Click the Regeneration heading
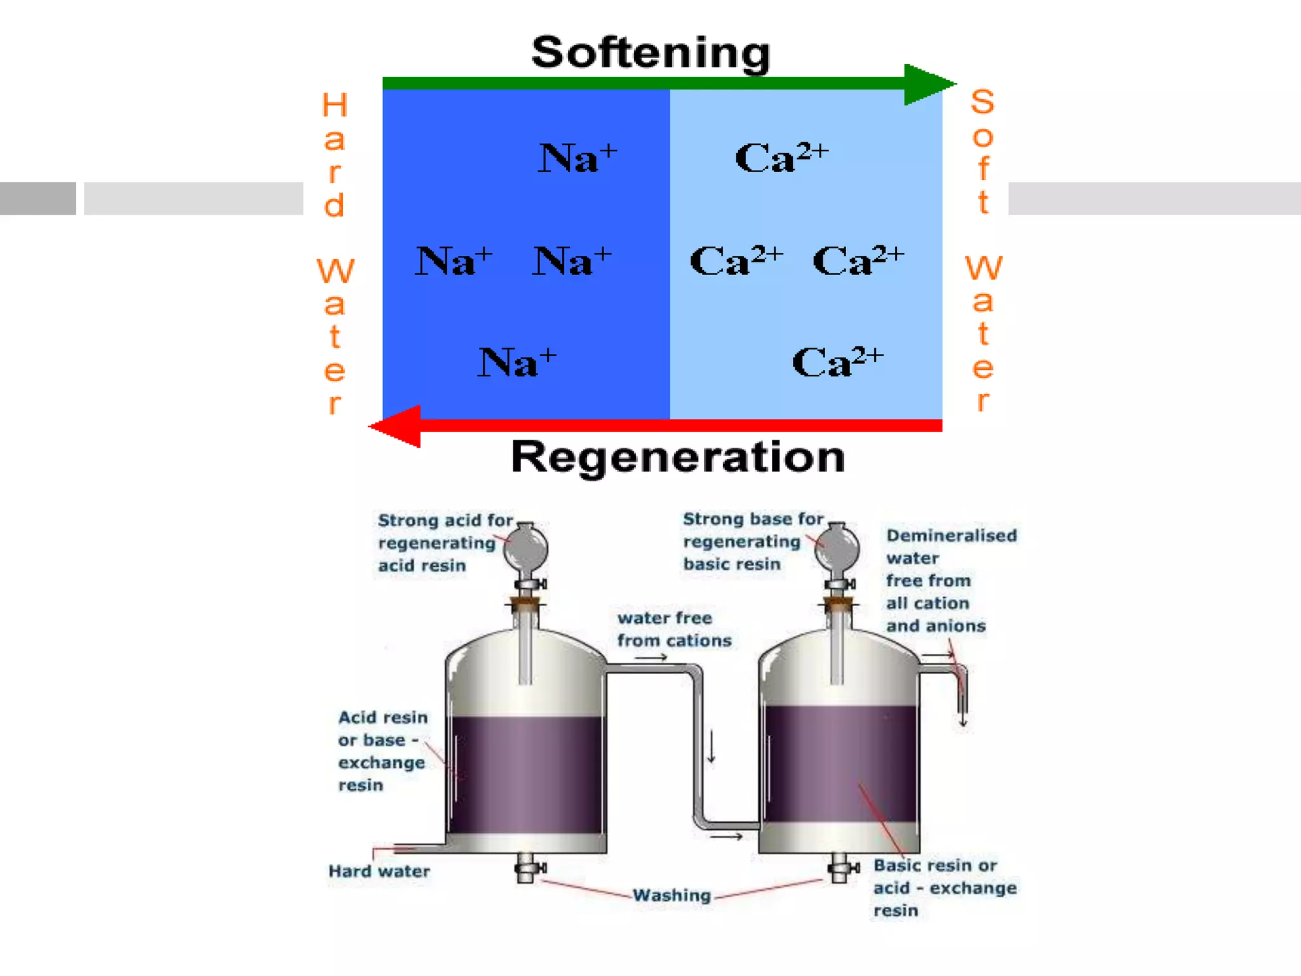point(677,457)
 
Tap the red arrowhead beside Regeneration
point(398,426)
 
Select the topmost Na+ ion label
point(577,158)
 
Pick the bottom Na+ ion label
point(516,362)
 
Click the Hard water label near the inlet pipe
point(379,871)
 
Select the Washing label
point(671,895)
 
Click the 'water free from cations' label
point(673,629)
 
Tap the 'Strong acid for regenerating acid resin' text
point(444,543)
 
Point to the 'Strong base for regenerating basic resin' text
point(752,541)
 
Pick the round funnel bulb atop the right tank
point(837,548)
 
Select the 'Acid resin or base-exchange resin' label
point(382,751)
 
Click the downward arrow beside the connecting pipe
point(712,747)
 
